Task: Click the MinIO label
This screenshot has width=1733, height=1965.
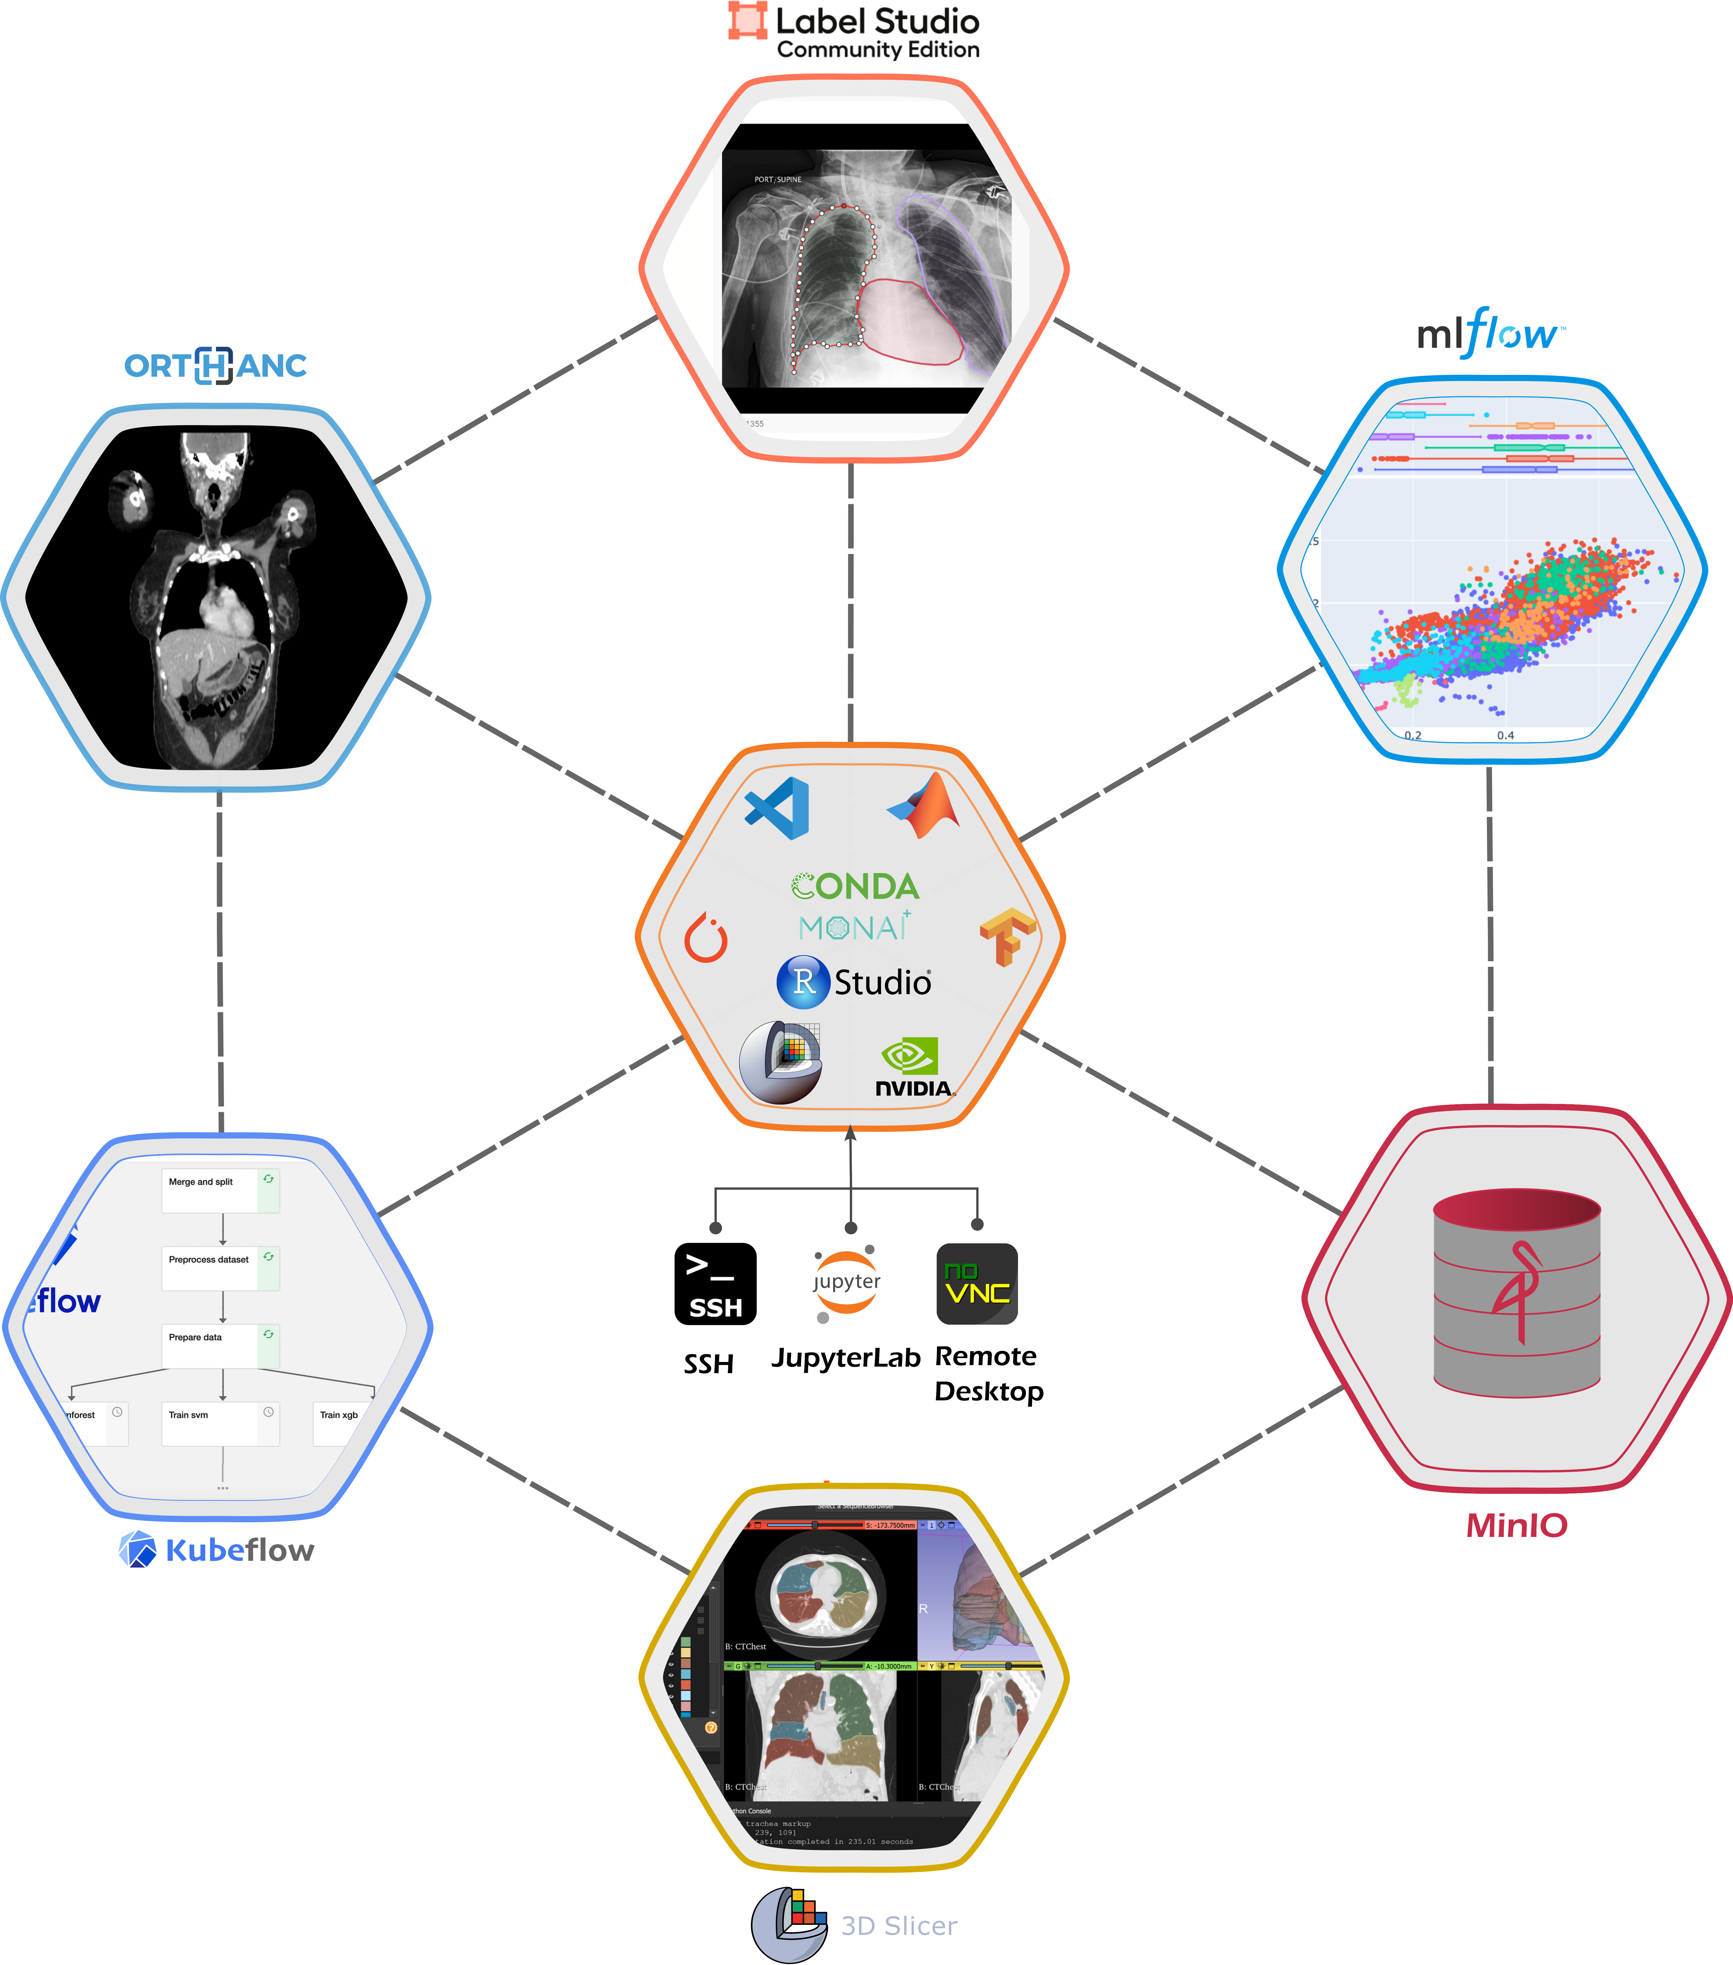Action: point(1516,1525)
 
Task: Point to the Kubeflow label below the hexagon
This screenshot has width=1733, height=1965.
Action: point(239,1550)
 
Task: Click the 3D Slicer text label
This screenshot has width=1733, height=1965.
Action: point(899,1926)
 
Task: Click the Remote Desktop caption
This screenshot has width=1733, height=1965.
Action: point(988,1374)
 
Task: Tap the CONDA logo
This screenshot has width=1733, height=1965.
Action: point(854,885)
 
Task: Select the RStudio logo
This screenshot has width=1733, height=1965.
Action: point(854,981)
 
